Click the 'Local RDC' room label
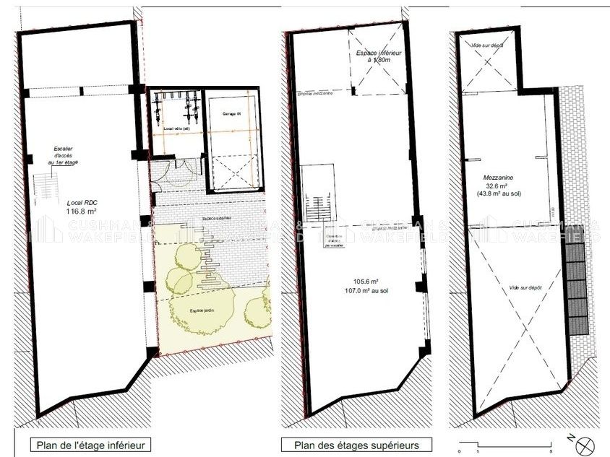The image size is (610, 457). tap(81, 202)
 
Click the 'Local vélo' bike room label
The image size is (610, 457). tap(176, 129)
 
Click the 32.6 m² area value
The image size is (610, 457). tap(499, 185)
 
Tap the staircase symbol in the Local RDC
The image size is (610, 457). tap(43, 189)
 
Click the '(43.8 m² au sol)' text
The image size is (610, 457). tap(499, 193)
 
